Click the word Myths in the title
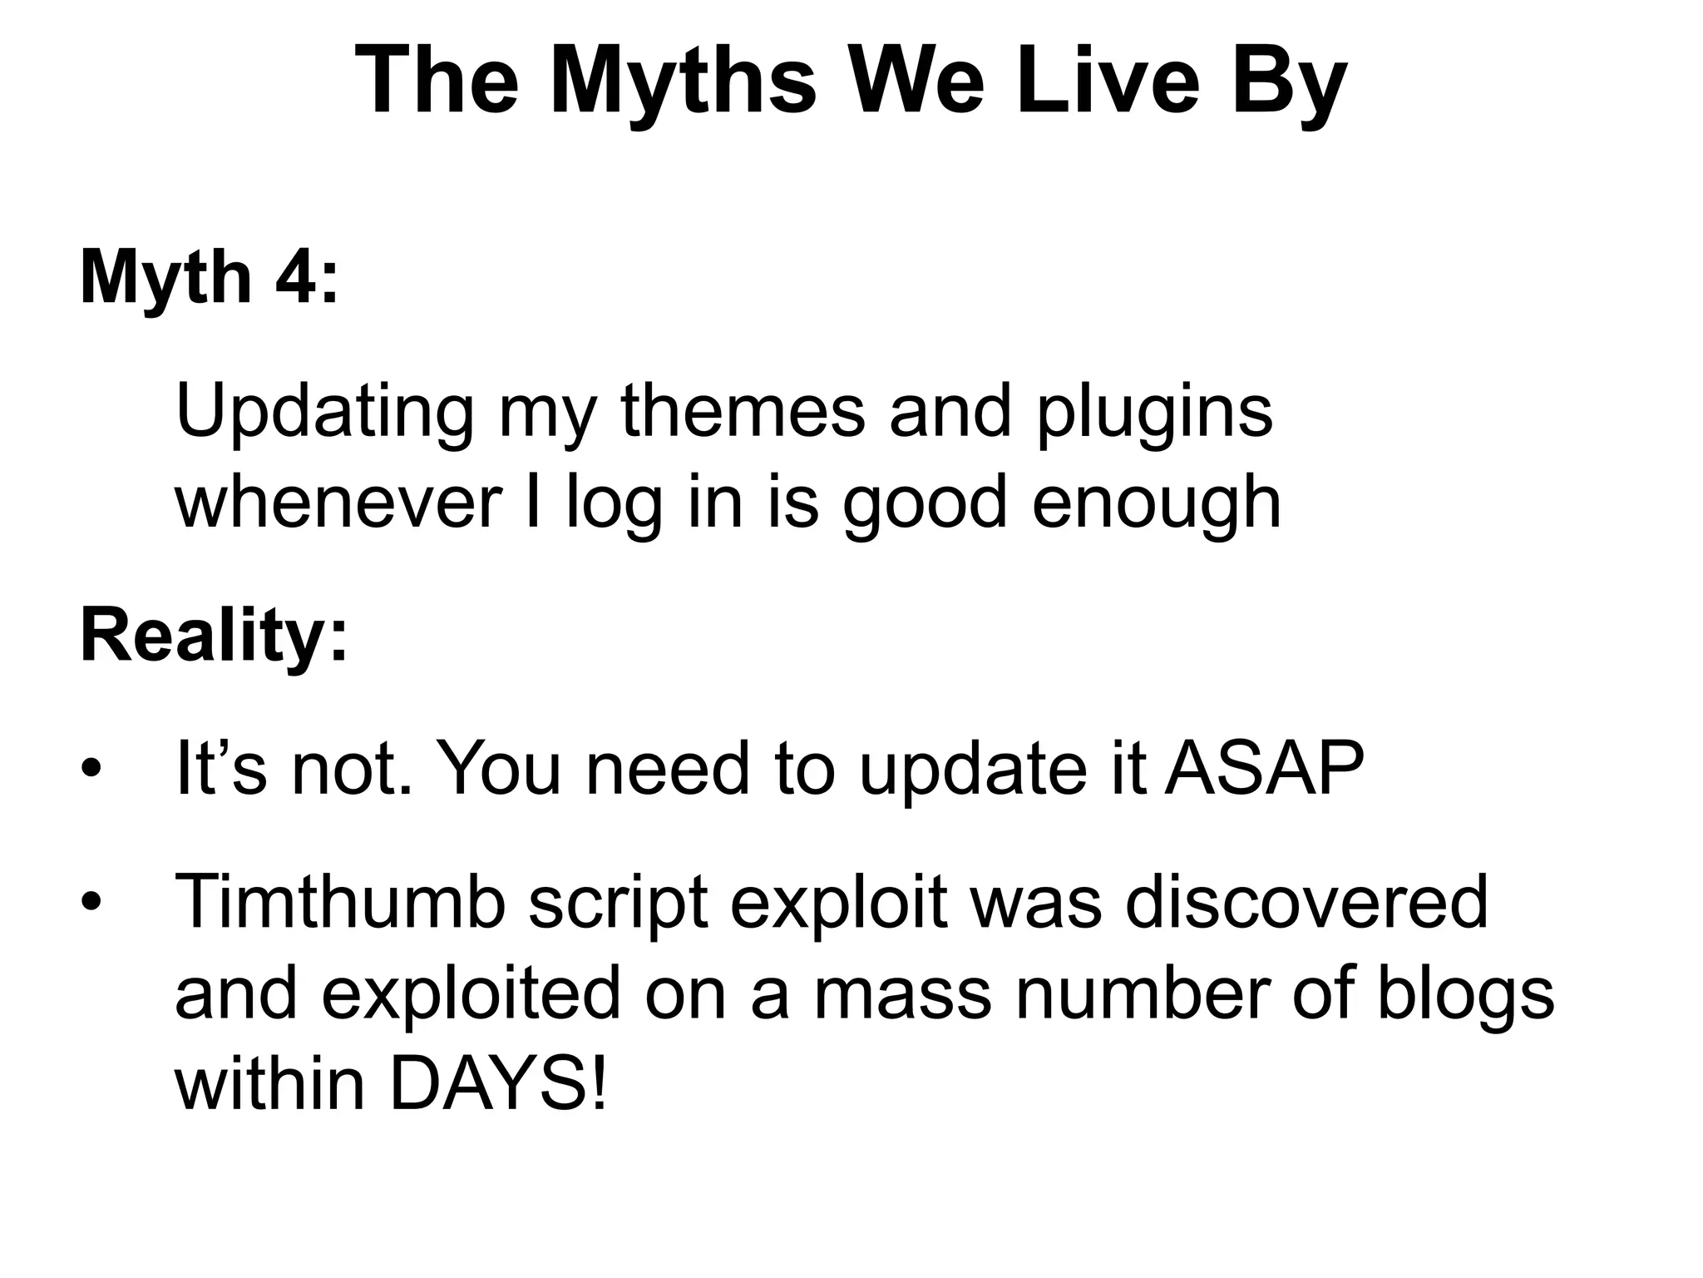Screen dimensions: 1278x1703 682,82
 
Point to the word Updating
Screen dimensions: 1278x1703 324,412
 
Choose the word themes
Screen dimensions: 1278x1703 743,412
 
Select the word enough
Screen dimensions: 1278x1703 1156,503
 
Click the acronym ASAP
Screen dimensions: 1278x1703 1264,769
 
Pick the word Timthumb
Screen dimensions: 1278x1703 340,902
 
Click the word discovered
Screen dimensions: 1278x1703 1306,902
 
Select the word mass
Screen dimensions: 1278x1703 901,993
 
